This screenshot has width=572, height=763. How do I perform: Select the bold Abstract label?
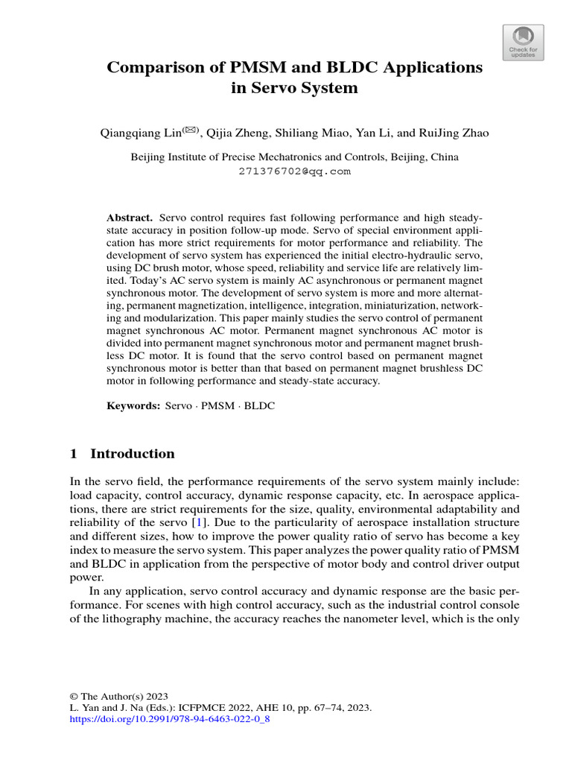[130, 217]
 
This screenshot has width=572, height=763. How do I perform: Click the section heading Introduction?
[132, 454]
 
